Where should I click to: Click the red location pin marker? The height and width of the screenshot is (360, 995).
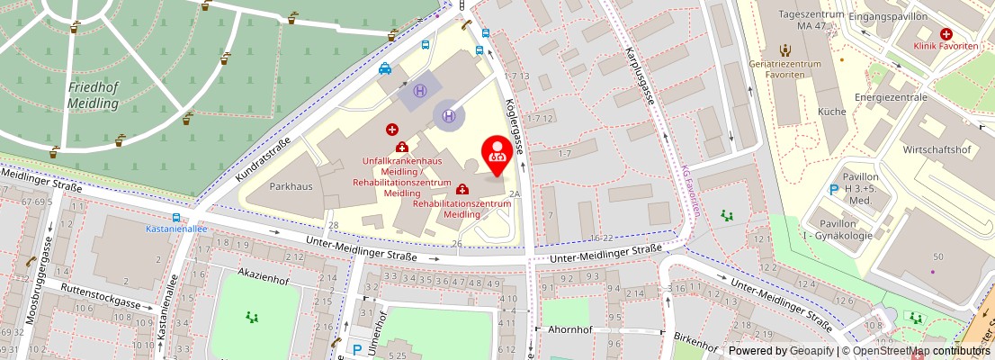tap(496, 155)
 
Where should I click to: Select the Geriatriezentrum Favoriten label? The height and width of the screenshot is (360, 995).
tap(784, 70)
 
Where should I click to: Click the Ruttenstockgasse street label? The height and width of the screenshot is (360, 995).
tap(101, 296)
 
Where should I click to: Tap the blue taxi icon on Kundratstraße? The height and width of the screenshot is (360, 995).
tap(384, 68)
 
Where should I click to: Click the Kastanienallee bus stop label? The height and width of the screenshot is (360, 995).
tap(175, 229)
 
